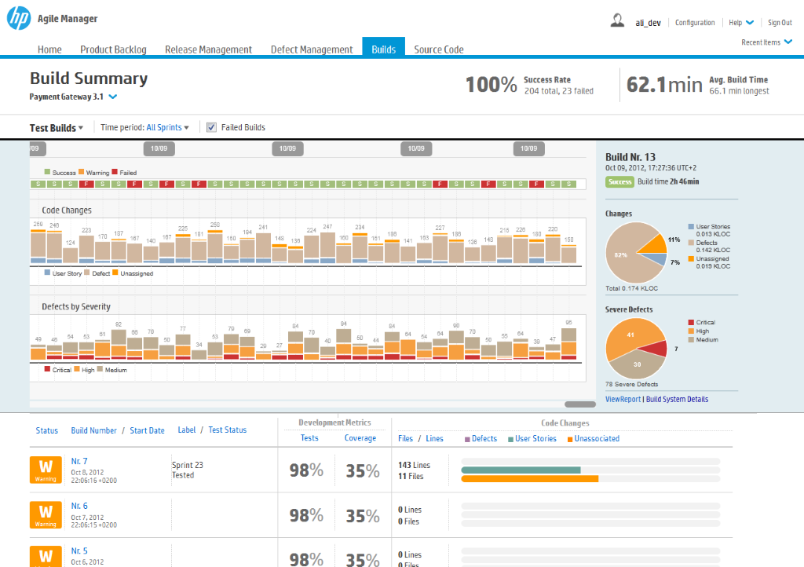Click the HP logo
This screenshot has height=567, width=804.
coord(19,18)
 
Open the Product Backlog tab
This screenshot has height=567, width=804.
coord(113,49)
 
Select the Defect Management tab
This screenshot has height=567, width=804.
coord(312,49)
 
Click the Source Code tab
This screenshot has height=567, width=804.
coord(439,49)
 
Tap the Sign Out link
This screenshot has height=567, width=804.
coord(780,23)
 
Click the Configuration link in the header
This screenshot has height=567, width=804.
coord(695,23)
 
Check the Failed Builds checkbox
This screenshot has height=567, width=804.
coord(211,127)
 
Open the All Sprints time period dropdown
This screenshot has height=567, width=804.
coord(167,127)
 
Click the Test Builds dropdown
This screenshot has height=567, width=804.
coord(57,128)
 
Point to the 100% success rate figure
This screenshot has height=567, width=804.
coord(491,84)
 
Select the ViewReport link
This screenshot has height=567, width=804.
coord(623,399)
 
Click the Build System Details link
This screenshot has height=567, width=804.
coord(677,399)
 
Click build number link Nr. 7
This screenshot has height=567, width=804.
coord(79,461)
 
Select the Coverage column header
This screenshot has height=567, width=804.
coord(360,438)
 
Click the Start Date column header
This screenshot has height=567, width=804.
coord(147,430)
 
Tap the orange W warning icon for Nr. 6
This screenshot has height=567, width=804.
coord(46,514)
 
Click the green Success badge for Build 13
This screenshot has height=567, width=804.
coord(619,181)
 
